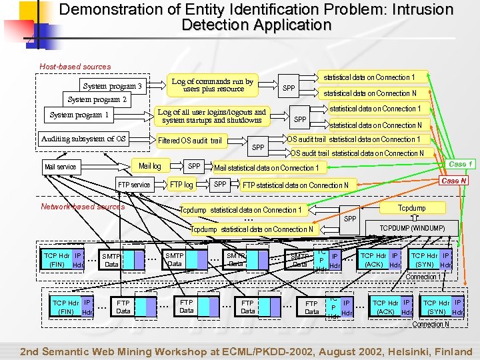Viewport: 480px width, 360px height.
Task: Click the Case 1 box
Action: [461, 164]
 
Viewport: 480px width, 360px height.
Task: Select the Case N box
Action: [454, 181]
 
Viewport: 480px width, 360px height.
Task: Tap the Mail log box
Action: [150, 166]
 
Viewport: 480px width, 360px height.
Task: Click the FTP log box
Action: [181, 185]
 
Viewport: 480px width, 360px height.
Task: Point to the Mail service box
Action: [60, 167]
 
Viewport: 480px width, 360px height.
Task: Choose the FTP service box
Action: [134, 185]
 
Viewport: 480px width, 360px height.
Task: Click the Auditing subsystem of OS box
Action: [83, 139]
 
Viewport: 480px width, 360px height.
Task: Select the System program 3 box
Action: [112, 86]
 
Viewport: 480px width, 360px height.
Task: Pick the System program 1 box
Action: [79, 115]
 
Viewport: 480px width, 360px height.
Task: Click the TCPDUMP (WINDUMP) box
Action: [412, 228]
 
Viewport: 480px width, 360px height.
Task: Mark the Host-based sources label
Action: [75, 67]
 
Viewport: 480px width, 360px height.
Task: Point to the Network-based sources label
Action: [83, 207]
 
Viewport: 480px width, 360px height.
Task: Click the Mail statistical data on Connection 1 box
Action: [266, 168]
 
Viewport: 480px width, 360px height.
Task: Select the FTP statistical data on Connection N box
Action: [295, 185]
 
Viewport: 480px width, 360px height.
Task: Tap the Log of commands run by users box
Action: [212, 85]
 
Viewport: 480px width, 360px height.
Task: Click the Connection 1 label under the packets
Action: [423, 277]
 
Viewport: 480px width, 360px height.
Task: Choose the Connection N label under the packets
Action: [431, 324]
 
